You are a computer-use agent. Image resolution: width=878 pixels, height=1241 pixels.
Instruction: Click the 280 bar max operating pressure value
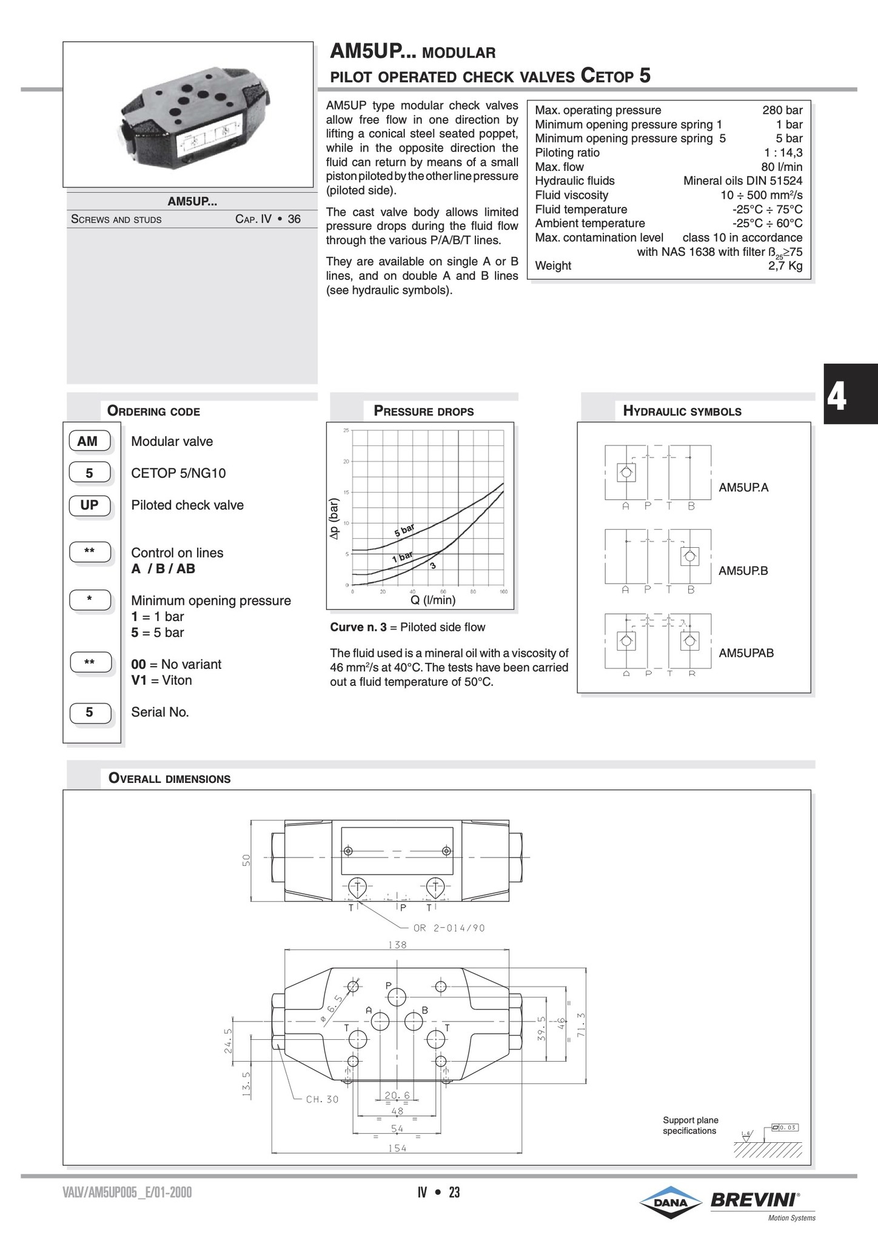click(x=782, y=110)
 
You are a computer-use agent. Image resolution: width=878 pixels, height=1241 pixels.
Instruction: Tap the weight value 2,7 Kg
click(x=785, y=265)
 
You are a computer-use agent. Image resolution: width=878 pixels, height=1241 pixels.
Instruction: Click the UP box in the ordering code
click(x=89, y=505)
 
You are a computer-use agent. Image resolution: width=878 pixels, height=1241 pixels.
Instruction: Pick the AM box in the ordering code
click(x=89, y=441)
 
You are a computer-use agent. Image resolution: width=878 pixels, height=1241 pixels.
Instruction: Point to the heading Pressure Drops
click(x=424, y=411)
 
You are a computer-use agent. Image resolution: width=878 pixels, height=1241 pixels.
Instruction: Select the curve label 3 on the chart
click(x=433, y=565)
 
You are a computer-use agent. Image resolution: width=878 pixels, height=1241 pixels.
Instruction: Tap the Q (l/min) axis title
click(x=433, y=600)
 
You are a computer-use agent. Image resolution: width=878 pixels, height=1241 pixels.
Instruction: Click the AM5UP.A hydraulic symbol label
click(x=743, y=487)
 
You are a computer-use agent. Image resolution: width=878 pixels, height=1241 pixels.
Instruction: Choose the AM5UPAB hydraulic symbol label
click(x=746, y=653)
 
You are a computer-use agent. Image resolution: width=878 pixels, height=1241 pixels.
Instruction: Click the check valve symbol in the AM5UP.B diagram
click(x=689, y=556)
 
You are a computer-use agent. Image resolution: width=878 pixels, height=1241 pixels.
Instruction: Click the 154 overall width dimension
click(x=397, y=1148)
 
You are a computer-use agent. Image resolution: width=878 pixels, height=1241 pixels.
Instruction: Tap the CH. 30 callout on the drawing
click(x=322, y=1099)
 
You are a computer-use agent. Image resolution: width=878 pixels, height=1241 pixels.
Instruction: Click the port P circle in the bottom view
click(x=397, y=996)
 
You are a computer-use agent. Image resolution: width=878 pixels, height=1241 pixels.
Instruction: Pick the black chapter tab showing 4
click(x=850, y=394)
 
